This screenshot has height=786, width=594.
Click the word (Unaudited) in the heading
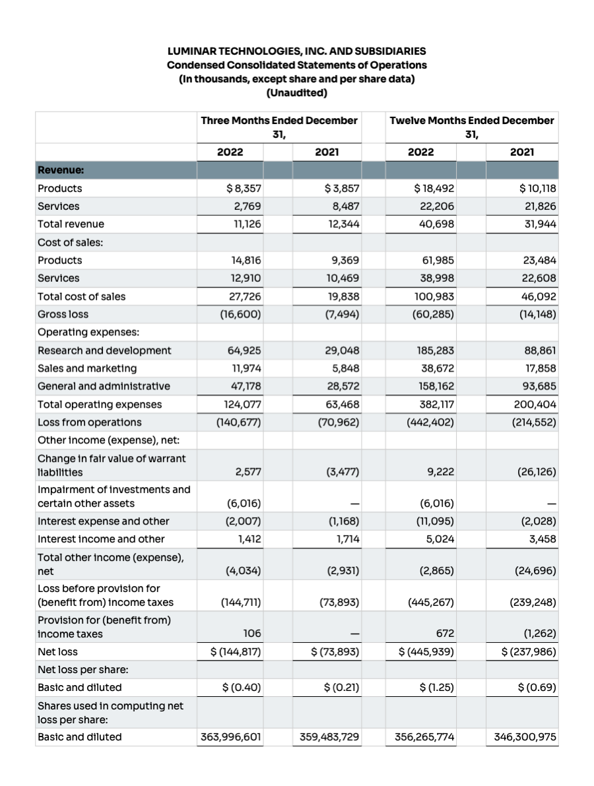296,93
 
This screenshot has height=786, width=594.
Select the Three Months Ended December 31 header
279,127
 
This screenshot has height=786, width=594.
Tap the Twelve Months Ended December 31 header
472,127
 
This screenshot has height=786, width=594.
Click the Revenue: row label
60,170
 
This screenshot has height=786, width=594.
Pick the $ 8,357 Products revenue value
244,188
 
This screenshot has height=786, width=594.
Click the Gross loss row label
63,314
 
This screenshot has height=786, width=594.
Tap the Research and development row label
104,350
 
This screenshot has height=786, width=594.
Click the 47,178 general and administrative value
244,386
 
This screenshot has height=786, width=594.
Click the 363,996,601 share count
231,737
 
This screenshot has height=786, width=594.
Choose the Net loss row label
57,651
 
